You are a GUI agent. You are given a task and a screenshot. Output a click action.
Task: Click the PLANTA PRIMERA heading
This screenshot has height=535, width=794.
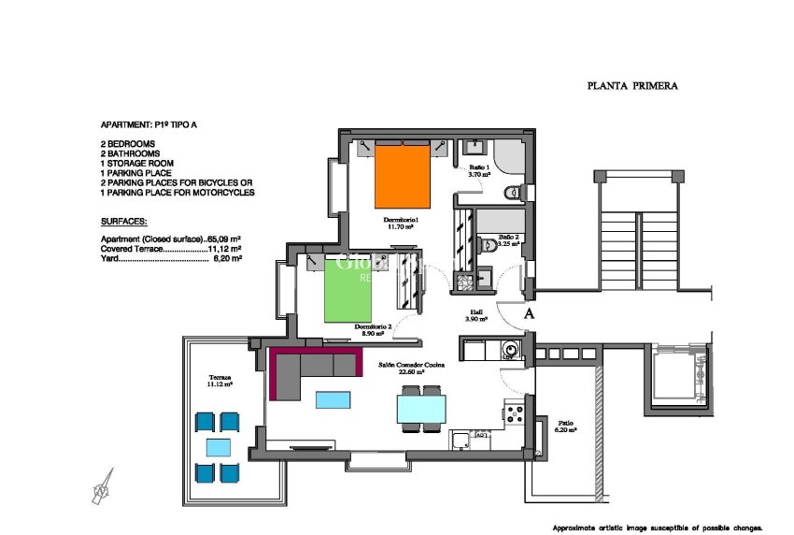coord(632,86)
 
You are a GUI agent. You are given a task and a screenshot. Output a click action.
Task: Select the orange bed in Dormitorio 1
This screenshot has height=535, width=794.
coord(403,175)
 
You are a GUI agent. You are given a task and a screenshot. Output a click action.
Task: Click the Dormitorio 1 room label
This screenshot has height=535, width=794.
coord(401,220)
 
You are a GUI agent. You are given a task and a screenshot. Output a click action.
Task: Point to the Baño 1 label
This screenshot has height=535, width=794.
coord(479,166)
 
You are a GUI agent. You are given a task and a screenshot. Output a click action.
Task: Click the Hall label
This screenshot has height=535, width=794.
coord(476,313)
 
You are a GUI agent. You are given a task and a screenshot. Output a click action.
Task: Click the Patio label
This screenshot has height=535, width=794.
coord(566,423)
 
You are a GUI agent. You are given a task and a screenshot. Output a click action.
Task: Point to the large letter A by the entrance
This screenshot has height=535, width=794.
coord(530,313)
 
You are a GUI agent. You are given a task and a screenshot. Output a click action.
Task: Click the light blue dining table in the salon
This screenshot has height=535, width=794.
coord(421,409)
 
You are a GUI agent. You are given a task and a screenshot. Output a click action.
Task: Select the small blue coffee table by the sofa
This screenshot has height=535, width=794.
coord(333,400)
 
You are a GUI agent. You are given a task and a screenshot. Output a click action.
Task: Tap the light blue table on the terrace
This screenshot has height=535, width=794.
coord(218,447)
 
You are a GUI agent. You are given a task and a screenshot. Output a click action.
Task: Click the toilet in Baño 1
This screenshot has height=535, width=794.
coord(511,193)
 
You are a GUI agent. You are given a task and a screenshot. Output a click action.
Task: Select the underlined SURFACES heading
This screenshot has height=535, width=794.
coord(123,223)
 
